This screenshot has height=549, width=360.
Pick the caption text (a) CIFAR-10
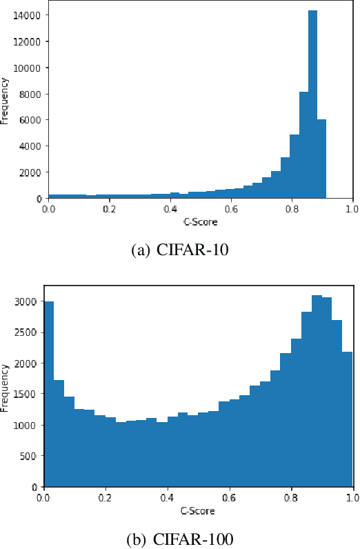180,250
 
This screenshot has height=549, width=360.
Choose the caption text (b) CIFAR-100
180,538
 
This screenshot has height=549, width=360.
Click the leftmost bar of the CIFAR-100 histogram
49,394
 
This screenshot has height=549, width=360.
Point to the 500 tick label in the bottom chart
28,456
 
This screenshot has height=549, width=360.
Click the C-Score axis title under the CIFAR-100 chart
199,511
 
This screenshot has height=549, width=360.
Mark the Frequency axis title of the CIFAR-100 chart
6,392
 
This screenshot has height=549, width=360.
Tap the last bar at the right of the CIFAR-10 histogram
321,159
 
